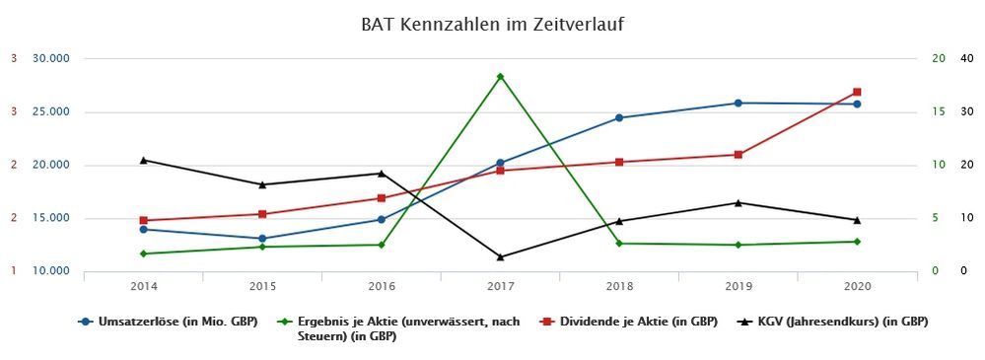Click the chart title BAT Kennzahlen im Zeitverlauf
click(x=492, y=23)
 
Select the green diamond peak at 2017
click(x=500, y=76)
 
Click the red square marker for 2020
click(x=857, y=92)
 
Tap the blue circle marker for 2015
click(x=262, y=239)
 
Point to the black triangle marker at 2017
click(x=500, y=256)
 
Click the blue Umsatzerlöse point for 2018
click(x=619, y=117)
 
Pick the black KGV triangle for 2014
click(x=143, y=160)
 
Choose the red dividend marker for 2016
click(x=382, y=198)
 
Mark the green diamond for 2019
click(x=738, y=245)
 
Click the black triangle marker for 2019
click(x=738, y=202)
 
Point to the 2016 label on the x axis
click(x=382, y=286)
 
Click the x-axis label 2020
click(x=857, y=286)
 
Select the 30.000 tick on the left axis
click(x=51, y=58)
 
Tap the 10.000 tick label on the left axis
click(x=51, y=271)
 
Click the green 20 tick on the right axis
click(x=939, y=58)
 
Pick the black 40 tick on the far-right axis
click(x=966, y=58)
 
